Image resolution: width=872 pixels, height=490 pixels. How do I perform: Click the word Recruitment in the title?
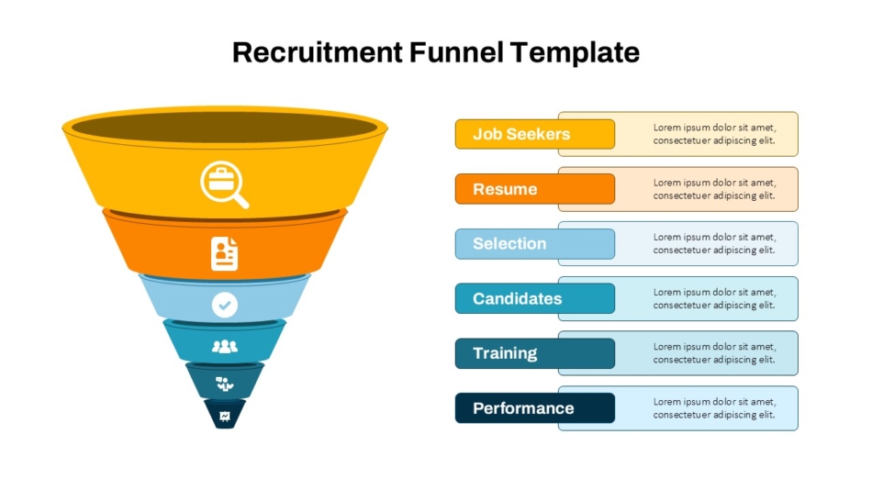317,52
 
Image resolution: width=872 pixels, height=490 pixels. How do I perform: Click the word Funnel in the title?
456,52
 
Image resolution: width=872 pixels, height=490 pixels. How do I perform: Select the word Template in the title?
575,53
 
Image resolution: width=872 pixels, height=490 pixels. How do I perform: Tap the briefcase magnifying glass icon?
225,184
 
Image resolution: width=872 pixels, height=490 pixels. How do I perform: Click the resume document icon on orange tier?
225,253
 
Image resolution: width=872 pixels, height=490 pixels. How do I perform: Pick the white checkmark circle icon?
225,305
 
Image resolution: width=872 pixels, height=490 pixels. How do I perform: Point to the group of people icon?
225,347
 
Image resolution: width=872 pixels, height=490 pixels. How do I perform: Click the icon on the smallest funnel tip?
225,417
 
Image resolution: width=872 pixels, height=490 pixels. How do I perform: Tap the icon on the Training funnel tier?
225,384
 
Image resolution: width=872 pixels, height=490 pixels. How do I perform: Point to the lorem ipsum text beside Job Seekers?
714,134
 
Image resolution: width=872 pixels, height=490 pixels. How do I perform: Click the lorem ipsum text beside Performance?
714,408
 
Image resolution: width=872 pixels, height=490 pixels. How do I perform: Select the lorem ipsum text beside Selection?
714,243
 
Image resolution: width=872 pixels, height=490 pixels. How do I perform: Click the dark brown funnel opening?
225,128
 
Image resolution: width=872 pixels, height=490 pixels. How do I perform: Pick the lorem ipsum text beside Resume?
714,189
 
